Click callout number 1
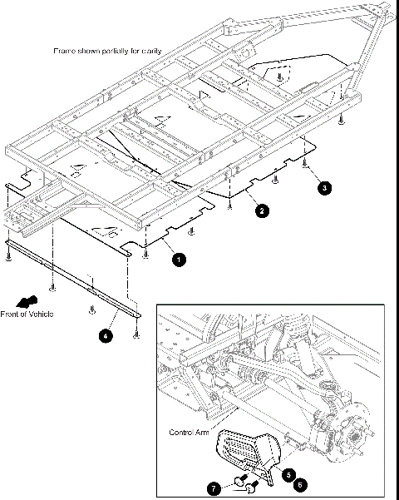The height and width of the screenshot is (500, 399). pos(177,260)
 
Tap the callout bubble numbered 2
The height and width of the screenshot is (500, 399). pos(261,211)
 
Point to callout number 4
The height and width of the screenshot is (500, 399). pos(106,336)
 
